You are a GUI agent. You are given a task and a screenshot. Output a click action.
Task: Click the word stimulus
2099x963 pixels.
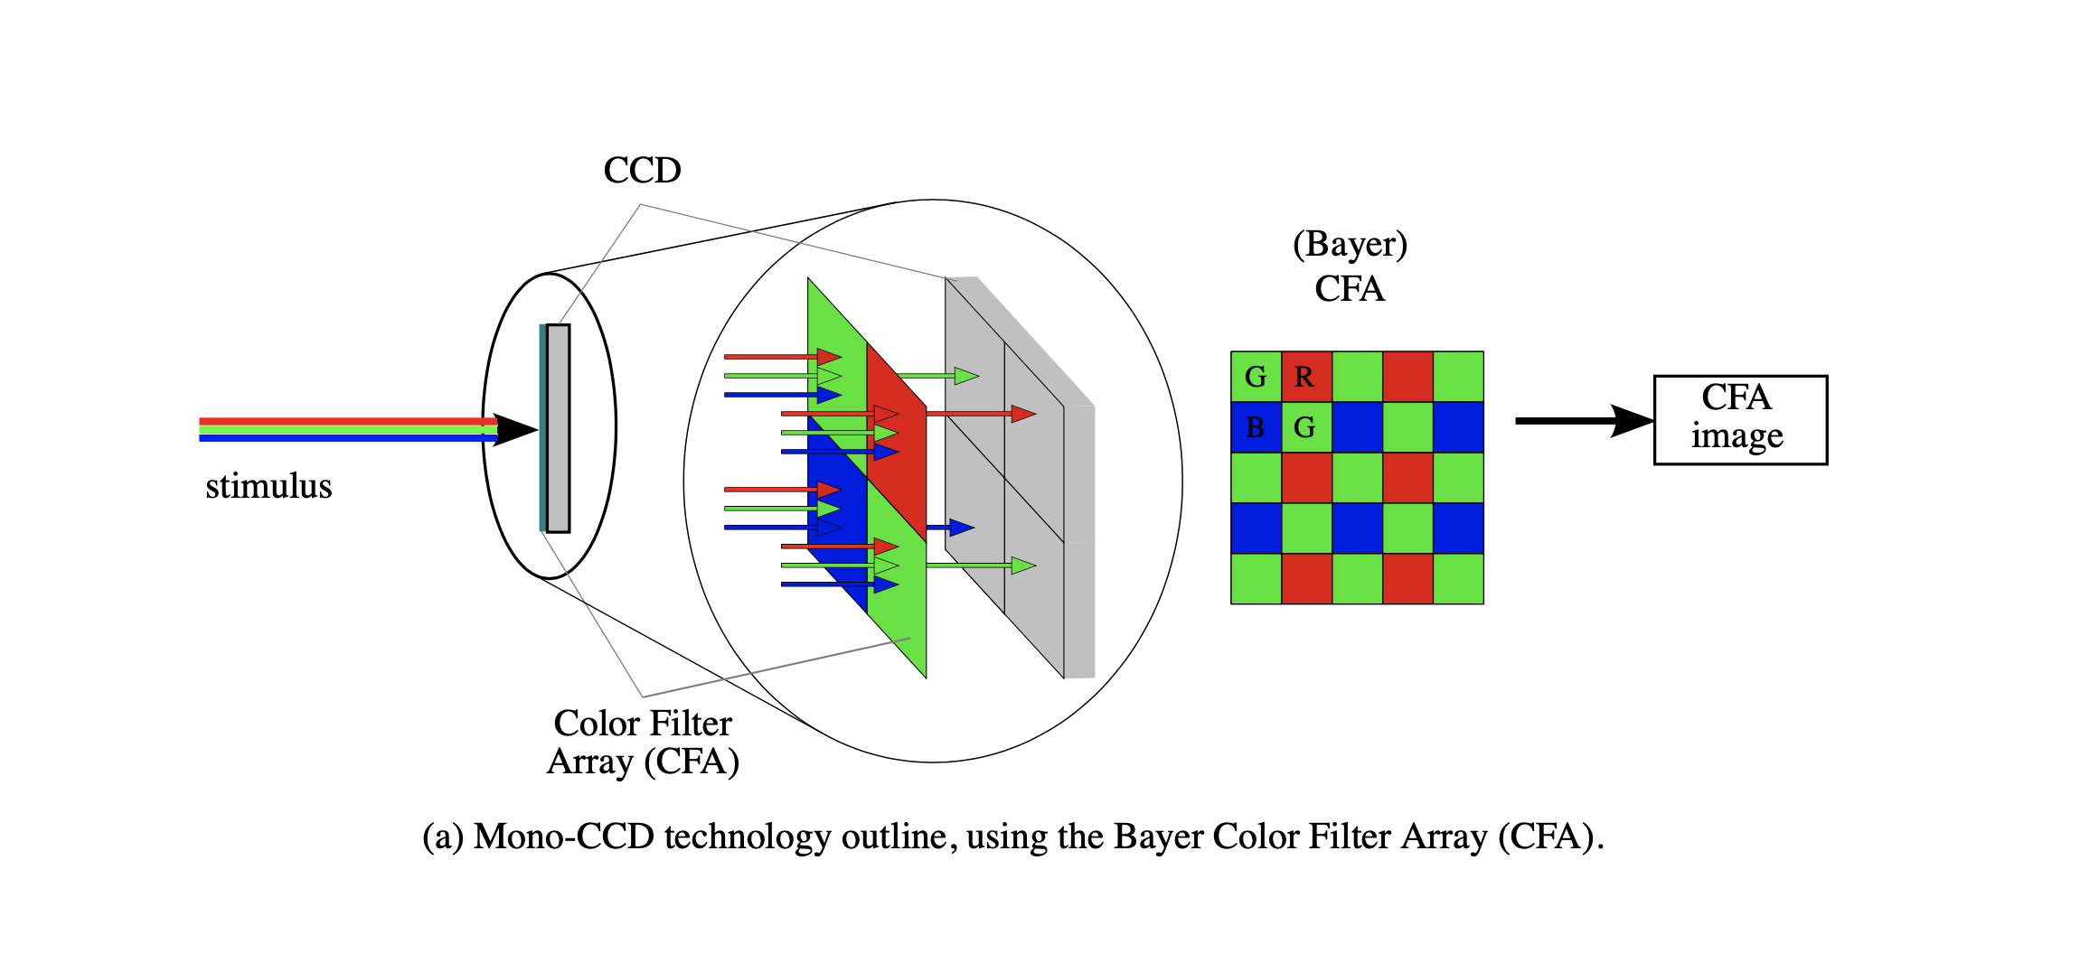pos(268,486)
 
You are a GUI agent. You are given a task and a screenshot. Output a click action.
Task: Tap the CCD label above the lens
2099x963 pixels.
pos(642,170)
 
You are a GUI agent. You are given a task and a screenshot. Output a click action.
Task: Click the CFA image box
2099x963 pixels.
pos(1740,420)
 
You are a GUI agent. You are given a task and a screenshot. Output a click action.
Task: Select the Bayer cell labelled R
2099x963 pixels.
pos(1306,377)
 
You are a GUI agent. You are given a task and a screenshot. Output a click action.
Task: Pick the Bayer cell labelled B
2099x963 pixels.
pos(1256,427)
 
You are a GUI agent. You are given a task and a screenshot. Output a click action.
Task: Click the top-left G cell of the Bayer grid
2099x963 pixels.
pos(1256,377)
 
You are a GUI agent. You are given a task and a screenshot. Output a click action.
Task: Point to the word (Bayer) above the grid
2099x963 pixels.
pos(1350,244)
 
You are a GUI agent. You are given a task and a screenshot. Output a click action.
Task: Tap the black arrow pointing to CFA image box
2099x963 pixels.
pos(1582,420)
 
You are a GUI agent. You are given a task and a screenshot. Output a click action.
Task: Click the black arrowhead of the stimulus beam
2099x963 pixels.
pos(515,430)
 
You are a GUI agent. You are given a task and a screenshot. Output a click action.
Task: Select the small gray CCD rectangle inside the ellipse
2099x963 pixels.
pos(559,428)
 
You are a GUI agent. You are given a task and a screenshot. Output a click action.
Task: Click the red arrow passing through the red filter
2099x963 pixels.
pos(981,414)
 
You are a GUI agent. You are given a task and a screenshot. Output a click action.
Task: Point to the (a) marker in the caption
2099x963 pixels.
pos(443,837)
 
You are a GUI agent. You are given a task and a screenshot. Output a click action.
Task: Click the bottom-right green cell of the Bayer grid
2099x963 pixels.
pos(1458,578)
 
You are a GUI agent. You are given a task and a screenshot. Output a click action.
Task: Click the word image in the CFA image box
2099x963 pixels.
pos(1737,436)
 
